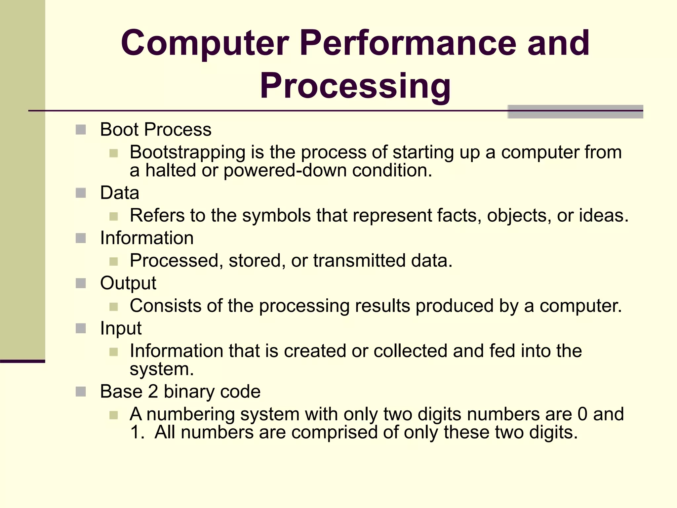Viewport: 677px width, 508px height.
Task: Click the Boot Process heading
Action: (x=155, y=129)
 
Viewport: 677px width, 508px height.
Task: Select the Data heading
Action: (x=120, y=193)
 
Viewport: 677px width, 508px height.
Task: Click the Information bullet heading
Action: (x=147, y=238)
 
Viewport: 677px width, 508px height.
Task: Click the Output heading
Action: (x=128, y=283)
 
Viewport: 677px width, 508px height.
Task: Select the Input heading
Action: (x=121, y=328)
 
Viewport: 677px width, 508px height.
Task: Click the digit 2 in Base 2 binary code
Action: (x=153, y=392)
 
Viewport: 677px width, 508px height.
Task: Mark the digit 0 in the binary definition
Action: (x=582, y=414)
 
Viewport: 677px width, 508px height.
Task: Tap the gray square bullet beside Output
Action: (x=81, y=283)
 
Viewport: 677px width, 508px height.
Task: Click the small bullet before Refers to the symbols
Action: (x=113, y=217)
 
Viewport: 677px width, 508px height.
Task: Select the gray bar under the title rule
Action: (x=575, y=112)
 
